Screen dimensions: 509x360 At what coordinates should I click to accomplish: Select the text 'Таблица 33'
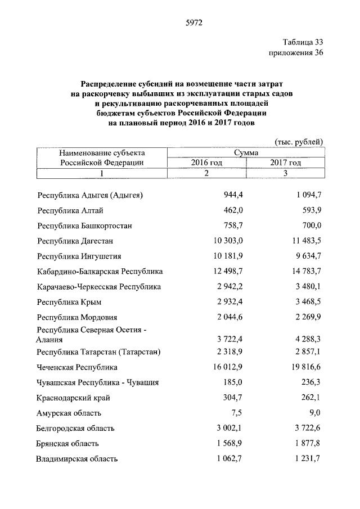point(304,42)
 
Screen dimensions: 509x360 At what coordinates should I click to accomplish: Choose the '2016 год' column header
point(206,163)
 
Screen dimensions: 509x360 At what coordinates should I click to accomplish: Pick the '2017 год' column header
point(285,163)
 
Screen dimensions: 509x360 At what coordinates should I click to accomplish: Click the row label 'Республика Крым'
point(69,302)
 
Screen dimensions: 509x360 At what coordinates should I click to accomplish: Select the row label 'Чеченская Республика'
point(77,367)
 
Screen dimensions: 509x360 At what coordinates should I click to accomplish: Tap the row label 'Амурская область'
point(70,413)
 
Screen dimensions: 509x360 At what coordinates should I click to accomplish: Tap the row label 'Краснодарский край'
point(73,398)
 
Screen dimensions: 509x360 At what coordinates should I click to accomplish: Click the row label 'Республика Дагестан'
point(75,241)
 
